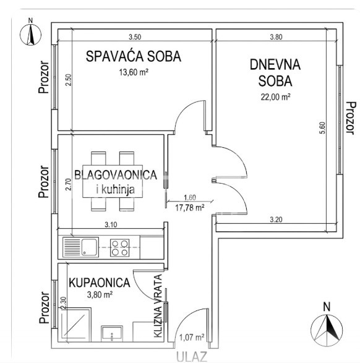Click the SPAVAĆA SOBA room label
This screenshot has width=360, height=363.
pyautogui.click(x=134, y=56)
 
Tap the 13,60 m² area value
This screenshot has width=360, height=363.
pyautogui.click(x=134, y=72)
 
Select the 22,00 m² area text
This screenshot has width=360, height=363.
pyautogui.click(x=275, y=96)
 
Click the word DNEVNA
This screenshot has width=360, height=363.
pyautogui.click(x=275, y=64)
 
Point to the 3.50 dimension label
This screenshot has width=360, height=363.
pyautogui.click(x=135, y=37)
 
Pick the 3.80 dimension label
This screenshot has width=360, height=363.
pyautogui.click(x=276, y=37)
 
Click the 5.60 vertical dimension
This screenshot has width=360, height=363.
pyautogui.click(x=322, y=128)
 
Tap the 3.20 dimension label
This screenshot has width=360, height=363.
pyautogui.click(x=276, y=220)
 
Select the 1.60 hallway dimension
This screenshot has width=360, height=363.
pyautogui.click(x=190, y=197)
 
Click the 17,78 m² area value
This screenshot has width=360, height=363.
pyautogui.click(x=190, y=207)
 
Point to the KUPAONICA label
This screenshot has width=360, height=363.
pyautogui.click(x=100, y=283)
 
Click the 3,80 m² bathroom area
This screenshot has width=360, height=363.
pyautogui.click(x=100, y=295)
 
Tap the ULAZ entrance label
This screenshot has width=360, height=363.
pyautogui.click(x=192, y=357)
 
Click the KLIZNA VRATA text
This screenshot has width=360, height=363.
pyautogui.click(x=158, y=306)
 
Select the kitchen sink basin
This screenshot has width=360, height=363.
pyautogui.click(x=89, y=247)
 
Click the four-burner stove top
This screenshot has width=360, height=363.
pyautogui.click(x=120, y=247)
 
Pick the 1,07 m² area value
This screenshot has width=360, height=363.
pyautogui.click(x=192, y=337)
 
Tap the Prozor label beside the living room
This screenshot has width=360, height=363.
pyautogui.click(x=351, y=118)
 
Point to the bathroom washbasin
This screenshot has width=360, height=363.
pyautogui.click(x=112, y=333)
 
